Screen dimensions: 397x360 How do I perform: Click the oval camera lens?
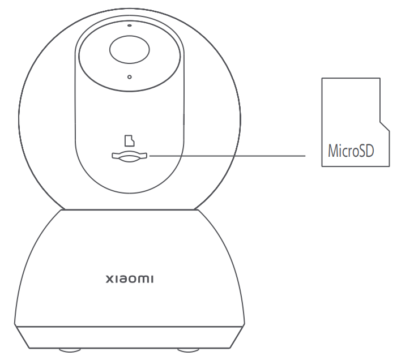click(129, 49)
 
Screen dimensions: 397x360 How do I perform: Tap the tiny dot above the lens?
click(130, 25)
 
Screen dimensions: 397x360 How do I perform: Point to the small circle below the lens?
click(129, 77)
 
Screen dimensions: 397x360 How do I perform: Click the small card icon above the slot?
click(129, 141)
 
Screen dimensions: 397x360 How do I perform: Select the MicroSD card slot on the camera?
click(129, 157)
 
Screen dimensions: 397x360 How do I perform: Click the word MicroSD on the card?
click(351, 151)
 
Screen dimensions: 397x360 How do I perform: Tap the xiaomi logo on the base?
click(129, 279)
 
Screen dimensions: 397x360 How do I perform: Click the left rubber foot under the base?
click(70, 350)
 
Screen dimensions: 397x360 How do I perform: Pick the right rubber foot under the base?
click(188, 350)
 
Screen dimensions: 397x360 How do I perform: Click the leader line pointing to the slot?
click(227, 156)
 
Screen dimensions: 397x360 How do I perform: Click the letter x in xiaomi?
click(109, 279)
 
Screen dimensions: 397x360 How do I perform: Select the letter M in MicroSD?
click(332, 151)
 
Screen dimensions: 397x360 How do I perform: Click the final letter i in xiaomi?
click(152, 279)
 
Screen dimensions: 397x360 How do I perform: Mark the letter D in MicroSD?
click(370, 151)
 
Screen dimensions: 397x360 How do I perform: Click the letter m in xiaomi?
click(143, 279)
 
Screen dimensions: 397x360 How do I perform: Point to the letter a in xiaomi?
click(121, 279)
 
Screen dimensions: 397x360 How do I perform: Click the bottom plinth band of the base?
click(129, 337)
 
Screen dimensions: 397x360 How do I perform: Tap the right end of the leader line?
click(305, 156)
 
